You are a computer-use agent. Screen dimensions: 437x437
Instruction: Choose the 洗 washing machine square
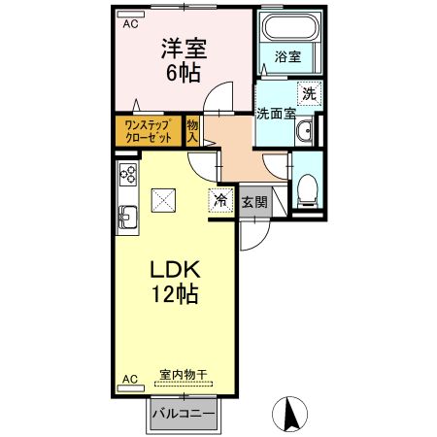[309, 94]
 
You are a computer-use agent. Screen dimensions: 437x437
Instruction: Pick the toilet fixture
[308, 186]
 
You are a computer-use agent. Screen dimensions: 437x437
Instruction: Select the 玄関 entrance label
[254, 201]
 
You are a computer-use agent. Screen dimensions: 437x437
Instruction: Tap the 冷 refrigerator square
[220, 200]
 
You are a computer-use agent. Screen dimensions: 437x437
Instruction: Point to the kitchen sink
[127, 213]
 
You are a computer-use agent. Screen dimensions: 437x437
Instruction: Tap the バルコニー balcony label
[183, 417]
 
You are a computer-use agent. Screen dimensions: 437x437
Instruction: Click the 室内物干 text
[183, 374]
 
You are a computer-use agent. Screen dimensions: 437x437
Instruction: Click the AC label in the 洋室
[129, 25]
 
